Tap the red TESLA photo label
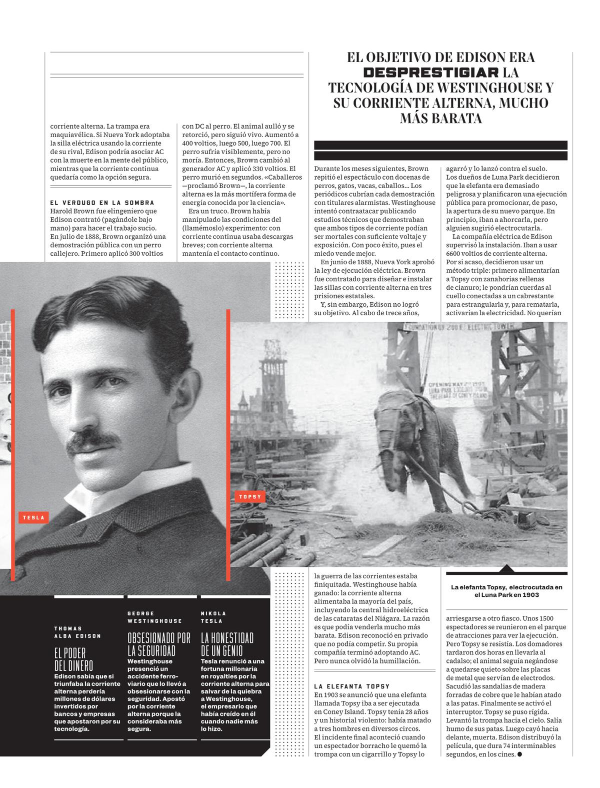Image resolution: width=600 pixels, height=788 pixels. [x=33, y=517]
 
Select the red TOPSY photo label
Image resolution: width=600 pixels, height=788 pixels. [x=250, y=497]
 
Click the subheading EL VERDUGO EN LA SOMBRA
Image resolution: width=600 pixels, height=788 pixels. [x=102, y=203]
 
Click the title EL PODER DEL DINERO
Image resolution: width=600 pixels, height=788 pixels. [x=73, y=659]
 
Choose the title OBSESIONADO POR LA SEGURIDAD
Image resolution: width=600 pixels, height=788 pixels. [x=158, y=644]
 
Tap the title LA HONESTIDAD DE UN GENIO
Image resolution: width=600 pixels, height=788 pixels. [x=227, y=644]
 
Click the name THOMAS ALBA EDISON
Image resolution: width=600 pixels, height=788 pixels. [x=77, y=632]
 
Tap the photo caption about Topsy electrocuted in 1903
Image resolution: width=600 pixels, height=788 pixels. [x=506, y=591]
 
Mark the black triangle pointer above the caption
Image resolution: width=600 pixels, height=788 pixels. [x=506, y=568]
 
